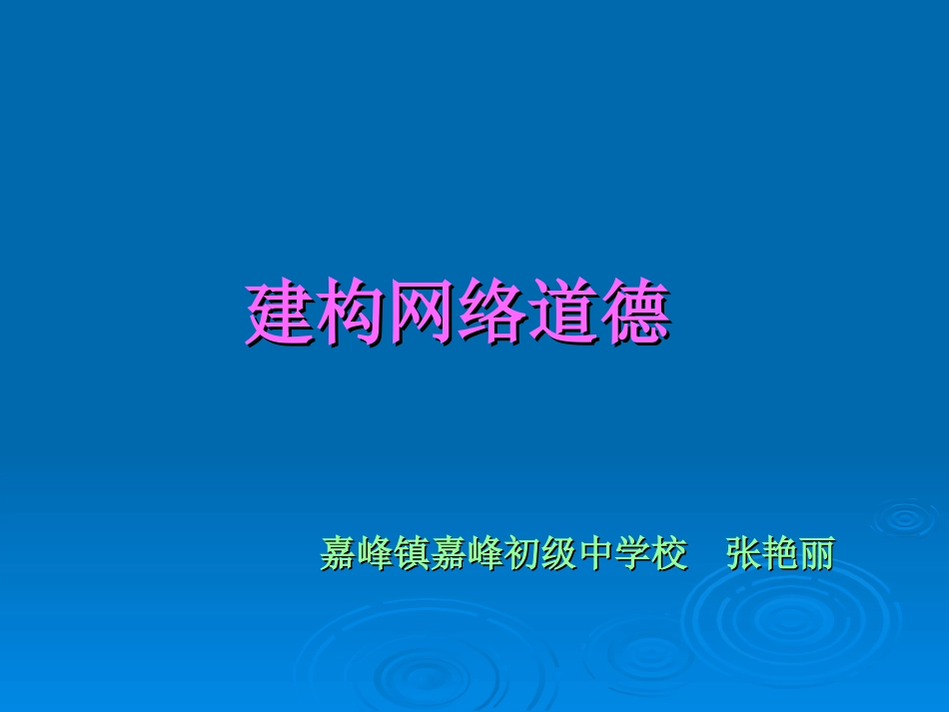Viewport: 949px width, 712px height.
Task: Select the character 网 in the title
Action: click(421, 315)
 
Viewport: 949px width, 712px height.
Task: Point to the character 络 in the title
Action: click(491, 315)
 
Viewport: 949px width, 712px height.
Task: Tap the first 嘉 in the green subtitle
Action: click(339, 553)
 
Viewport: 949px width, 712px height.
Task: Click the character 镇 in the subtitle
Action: click(410, 553)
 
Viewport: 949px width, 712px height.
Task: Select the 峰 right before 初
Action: click(483, 553)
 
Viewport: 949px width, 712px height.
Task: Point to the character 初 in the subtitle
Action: click(520, 553)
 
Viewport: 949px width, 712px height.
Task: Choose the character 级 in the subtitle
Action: click(557, 553)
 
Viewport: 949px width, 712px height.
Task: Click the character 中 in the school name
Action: click(594, 553)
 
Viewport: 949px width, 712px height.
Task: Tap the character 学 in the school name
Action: click(631, 553)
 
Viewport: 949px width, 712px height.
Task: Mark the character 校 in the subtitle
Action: click(668, 553)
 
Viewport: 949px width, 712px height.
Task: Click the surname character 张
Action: click(744, 553)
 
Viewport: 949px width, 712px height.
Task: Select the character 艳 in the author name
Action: click(780, 553)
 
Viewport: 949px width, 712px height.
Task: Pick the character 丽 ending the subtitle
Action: click(816, 553)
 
